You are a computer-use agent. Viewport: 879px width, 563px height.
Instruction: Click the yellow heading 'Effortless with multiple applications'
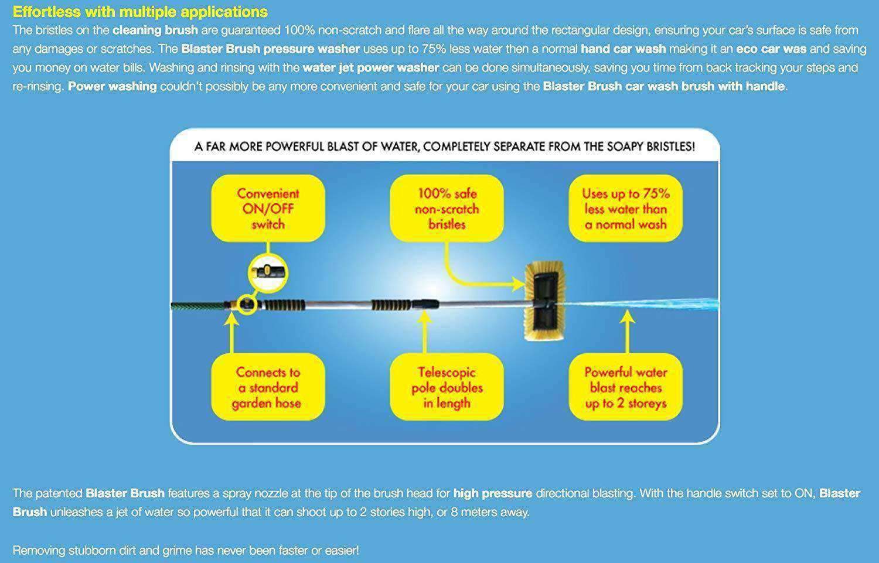pos(140,12)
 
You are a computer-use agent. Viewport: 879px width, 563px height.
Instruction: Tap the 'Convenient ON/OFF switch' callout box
pos(268,209)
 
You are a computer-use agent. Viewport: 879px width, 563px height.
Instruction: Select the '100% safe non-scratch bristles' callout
pos(447,209)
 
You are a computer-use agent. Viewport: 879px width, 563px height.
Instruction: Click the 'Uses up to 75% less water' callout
pos(625,209)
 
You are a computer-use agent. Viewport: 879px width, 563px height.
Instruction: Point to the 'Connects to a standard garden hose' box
pos(268,387)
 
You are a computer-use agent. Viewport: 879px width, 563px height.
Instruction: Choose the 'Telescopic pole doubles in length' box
pos(447,387)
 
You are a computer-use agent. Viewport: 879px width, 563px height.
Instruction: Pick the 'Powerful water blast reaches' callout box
pos(625,387)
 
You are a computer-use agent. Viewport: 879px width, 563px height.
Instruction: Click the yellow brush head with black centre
pos(545,301)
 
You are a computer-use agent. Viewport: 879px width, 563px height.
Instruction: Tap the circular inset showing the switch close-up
pos(268,273)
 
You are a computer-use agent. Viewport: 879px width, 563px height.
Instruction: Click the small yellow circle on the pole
pos(247,303)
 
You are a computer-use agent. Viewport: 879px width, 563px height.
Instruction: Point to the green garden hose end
pos(198,306)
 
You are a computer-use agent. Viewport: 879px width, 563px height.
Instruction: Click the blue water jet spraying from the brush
pos(640,304)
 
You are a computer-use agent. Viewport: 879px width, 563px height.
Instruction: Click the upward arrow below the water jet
pos(627,332)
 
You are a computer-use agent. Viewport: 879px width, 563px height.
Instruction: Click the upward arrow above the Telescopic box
pos(424,332)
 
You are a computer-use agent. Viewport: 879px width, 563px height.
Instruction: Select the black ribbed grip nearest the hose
pos(283,305)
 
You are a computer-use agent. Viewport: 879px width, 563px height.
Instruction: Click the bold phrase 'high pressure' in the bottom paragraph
pos(492,493)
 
